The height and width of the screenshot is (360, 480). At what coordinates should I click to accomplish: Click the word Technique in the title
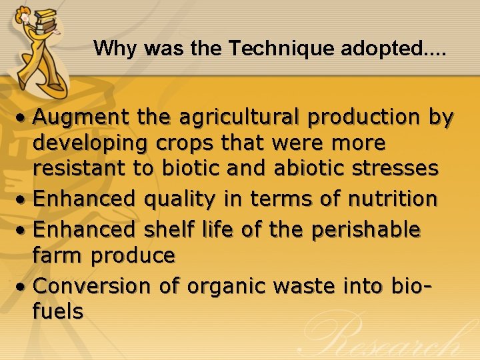click(272, 49)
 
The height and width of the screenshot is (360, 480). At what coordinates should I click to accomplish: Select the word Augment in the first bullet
click(81, 118)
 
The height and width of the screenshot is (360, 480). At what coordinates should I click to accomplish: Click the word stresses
click(395, 169)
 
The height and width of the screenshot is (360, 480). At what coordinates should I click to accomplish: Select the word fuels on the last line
click(58, 311)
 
